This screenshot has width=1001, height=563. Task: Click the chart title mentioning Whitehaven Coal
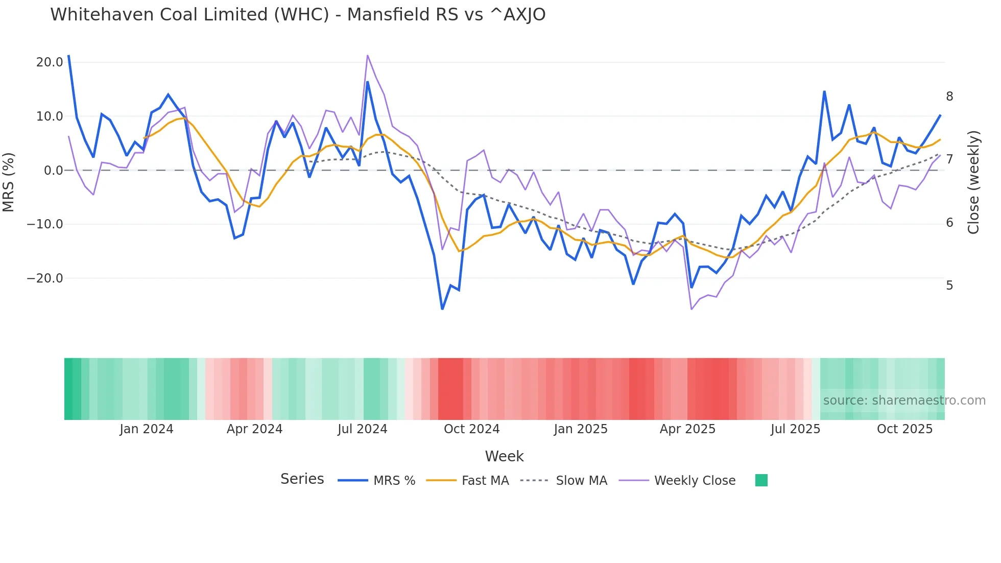coord(298,15)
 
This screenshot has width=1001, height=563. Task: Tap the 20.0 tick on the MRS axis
coord(50,62)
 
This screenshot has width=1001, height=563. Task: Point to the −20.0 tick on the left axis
coord(45,278)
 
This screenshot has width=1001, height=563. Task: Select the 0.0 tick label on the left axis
coord(54,171)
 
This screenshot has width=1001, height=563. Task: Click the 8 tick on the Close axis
coord(949,97)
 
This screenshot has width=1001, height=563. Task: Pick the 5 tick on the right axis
coord(949,286)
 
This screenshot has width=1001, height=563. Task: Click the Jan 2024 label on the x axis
coord(147,429)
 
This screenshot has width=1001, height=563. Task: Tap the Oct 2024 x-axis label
coord(471,429)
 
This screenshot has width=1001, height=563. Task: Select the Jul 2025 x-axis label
coord(795,429)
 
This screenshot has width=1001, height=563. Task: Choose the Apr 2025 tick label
coord(687,429)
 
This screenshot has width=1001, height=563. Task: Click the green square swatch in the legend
coord(761,480)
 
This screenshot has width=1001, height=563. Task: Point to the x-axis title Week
coord(504,456)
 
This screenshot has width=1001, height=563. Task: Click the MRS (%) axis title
coord(9,182)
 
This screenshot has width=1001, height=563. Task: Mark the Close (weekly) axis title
coord(973,182)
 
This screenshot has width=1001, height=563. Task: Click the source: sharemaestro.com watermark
coord(904,401)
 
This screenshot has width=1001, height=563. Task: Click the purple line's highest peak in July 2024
coord(368,56)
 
